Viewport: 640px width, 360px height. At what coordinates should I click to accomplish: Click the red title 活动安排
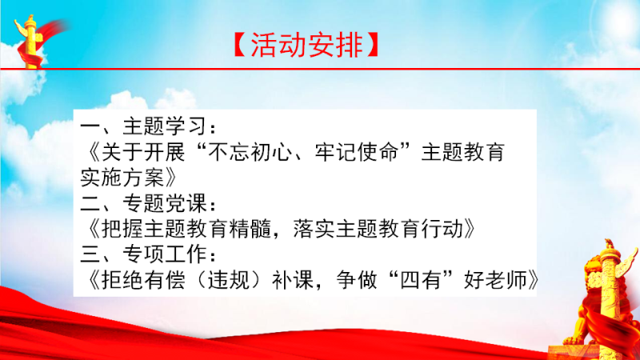306,45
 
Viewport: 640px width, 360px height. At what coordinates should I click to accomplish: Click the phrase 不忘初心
250,152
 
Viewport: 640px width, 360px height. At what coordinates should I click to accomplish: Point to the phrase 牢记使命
356,152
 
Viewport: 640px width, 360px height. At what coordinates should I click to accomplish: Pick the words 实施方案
123,177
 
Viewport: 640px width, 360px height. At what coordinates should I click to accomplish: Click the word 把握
122,229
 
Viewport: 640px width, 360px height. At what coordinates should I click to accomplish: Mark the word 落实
314,229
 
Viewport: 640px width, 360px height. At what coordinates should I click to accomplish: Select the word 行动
442,229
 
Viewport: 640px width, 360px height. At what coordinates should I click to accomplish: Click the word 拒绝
122,280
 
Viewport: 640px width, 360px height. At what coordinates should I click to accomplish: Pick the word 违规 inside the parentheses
229,280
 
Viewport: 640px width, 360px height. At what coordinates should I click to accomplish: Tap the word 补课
293,280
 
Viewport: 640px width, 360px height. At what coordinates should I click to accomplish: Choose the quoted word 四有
421,280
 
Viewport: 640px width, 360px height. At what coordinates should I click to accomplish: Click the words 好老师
495,280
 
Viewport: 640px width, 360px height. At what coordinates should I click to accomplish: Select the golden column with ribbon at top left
34,41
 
